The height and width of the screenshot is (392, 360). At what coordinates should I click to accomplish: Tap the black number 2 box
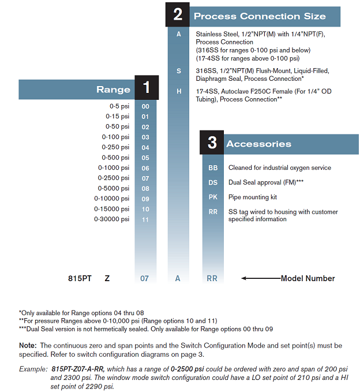point(178,15)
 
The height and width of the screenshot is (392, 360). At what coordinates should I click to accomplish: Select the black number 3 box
point(212,143)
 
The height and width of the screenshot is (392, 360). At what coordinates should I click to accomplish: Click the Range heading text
point(113,89)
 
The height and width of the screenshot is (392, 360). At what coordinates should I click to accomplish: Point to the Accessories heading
point(258,144)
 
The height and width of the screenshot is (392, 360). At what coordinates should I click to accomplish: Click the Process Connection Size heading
point(260,16)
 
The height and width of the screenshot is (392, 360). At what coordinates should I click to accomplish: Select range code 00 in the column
point(145,106)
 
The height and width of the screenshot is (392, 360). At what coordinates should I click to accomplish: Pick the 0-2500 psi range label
point(114,178)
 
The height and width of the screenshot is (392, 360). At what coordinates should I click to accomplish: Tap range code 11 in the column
point(145,219)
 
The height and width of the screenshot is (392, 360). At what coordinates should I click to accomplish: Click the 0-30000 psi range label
point(112,219)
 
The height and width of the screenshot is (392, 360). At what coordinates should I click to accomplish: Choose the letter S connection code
point(179,70)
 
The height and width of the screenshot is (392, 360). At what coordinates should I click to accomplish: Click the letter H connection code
point(179,91)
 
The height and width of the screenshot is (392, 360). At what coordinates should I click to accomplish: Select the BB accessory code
point(213,167)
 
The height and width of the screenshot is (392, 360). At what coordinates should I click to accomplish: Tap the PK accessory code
point(213,197)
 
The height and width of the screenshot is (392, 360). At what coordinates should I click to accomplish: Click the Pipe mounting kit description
point(253,197)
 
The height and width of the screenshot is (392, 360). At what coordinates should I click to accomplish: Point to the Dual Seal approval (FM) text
point(266,182)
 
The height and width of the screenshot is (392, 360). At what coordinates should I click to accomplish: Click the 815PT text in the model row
point(80,278)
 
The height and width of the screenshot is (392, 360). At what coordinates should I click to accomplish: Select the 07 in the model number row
point(145,278)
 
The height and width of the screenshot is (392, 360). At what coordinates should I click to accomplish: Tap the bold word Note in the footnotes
point(27,345)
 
